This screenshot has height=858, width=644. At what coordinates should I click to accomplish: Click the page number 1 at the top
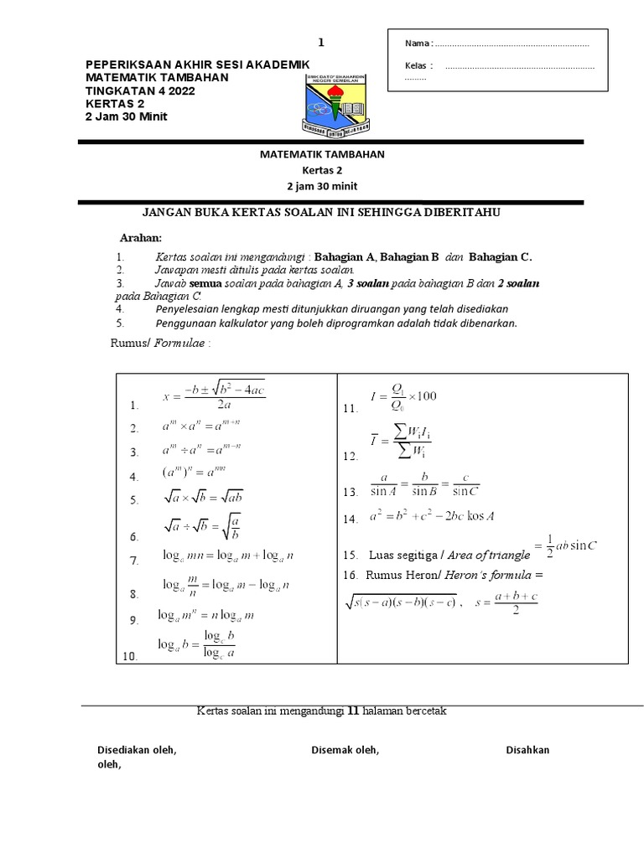point(319,43)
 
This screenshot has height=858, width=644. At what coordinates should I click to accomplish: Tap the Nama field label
point(417,44)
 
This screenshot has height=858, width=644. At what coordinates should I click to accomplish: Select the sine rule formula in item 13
point(424,487)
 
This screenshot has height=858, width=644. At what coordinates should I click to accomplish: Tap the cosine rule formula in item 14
point(432,517)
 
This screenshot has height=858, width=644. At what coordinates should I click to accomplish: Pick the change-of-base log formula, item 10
point(197,645)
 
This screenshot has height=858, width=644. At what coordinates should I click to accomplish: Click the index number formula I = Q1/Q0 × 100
point(402,396)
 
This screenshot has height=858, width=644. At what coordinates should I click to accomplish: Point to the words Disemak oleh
point(345,750)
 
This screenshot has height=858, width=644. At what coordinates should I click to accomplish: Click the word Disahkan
point(527,750)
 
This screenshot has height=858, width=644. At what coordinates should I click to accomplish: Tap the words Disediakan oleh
point(137,750)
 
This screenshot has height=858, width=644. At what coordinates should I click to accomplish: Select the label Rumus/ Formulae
point(161,344)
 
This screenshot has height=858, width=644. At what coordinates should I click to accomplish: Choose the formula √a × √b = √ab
point(204,497)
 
